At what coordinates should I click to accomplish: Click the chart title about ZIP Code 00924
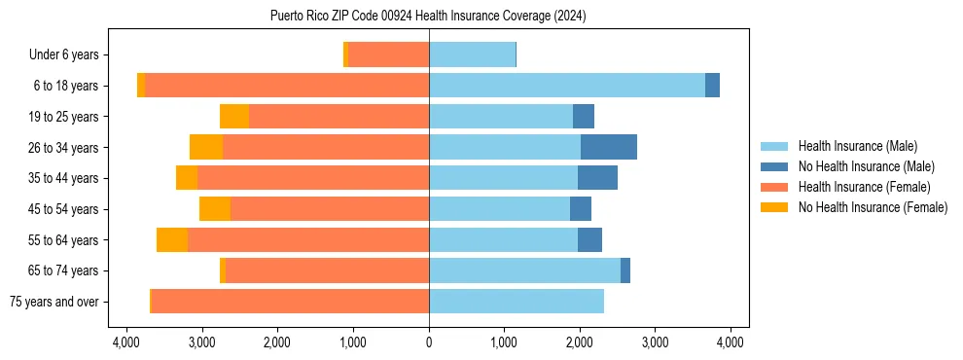(428, 16)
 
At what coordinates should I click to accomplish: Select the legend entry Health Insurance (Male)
(857, 146)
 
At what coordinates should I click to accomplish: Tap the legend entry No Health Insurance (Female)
(873, 207)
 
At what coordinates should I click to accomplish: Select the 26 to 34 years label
(66, 148)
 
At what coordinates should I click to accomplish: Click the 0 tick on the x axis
(429, 342)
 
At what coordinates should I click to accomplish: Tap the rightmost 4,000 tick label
(731, 342)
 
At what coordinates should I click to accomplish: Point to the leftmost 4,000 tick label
(126, 342)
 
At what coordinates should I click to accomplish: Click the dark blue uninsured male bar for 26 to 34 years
(609, 147)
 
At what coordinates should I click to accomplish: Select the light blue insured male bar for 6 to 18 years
(567, 86)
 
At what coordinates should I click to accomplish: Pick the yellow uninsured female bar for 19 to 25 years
(234, 117)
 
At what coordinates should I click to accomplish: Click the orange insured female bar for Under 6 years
(388, 55)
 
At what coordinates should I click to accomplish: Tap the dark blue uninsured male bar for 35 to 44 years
(597, 178)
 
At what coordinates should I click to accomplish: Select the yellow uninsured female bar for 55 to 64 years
(172, 239)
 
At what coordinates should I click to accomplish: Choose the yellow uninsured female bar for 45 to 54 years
(215, 209)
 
